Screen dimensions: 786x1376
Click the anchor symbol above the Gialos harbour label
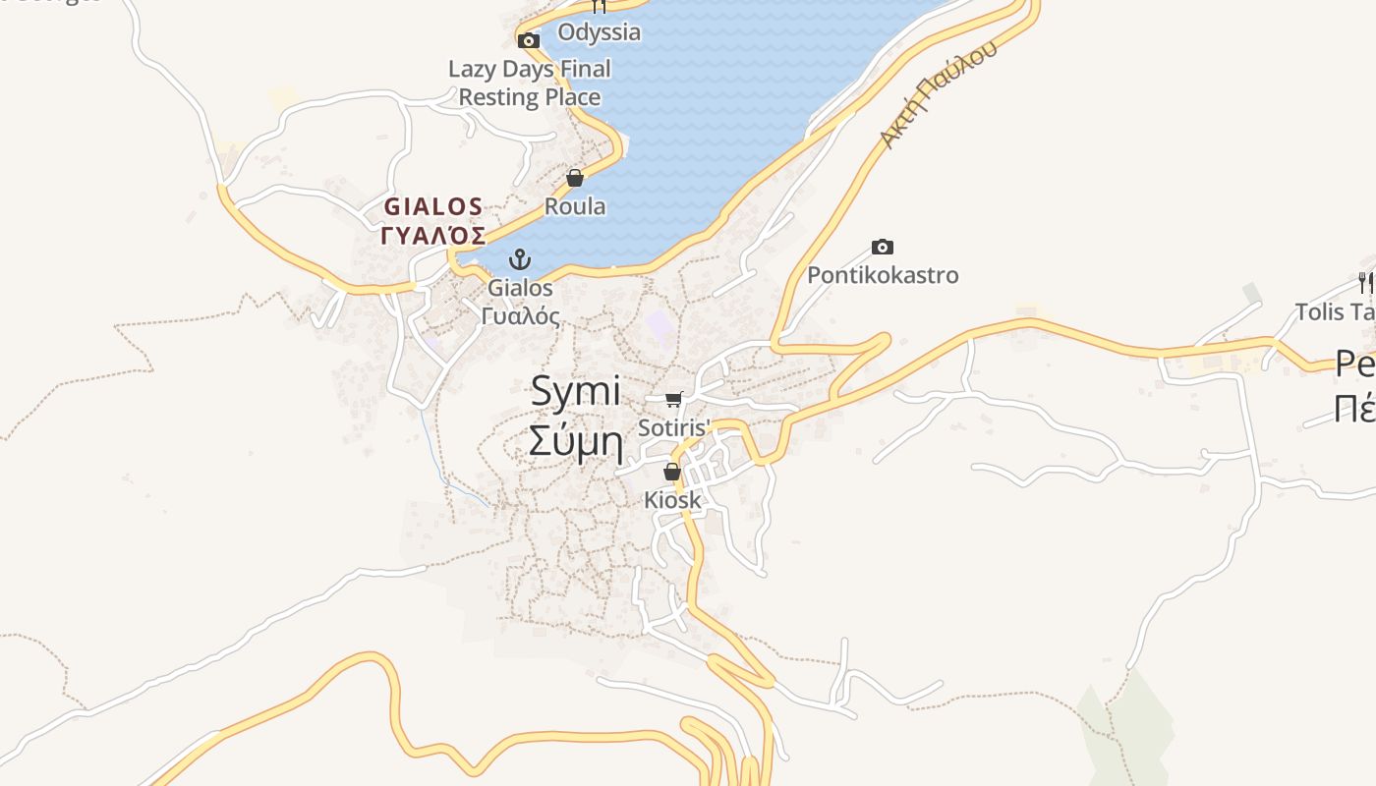coord(519,259)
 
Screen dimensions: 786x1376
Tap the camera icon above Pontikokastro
coord(883,247)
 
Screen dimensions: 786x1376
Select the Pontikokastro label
coord(883,275)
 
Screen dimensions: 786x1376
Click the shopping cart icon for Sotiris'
coord(673,399)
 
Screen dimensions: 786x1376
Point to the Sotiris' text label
coord(673,428)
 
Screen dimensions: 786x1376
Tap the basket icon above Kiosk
coord(672,472)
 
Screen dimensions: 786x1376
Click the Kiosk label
coord(673,500)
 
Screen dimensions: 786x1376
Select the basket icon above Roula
coord(575,178)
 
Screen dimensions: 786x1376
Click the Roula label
coord(575,206)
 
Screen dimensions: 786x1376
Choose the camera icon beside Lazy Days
coord(529,40)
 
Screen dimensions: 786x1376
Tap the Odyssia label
coord(600,32)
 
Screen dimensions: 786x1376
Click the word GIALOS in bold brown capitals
coord(433,207)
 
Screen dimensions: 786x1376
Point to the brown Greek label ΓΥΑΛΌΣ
coord(433,236)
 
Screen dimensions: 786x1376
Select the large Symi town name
coord(576,392)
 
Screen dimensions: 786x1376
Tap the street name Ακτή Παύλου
coord(938,95)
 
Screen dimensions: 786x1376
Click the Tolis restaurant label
coord(1335,312)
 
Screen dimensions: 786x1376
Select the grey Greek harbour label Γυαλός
coord(521,316)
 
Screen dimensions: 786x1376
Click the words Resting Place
coord(530,97)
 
